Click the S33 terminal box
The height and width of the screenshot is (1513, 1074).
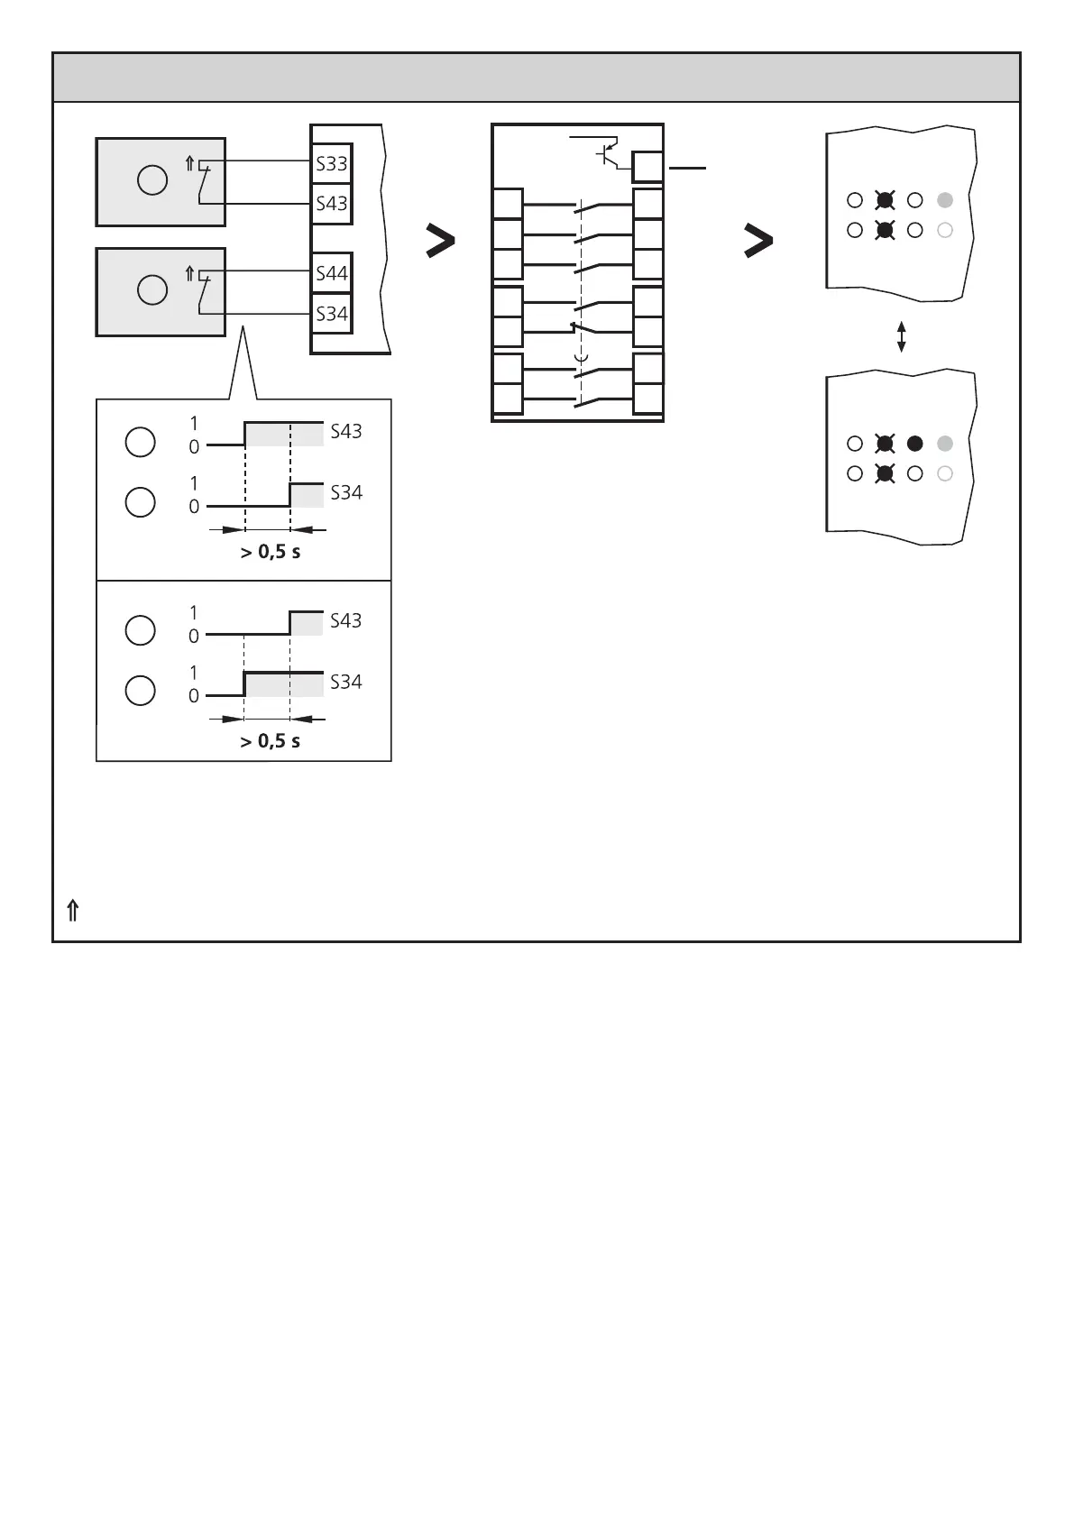tap(332, 165)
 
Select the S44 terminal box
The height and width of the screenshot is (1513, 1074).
tap(332, 273)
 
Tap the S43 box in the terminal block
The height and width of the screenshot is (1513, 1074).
tap(332, 204)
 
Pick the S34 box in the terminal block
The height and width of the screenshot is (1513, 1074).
tap(332, 314)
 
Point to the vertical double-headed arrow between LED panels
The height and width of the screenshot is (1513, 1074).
tap(901, 337)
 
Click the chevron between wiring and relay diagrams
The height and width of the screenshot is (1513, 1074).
tap(440, 242)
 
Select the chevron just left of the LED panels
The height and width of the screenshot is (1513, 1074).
tap(757, 242)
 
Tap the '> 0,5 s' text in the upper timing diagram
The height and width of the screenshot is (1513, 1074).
tap(271, 552)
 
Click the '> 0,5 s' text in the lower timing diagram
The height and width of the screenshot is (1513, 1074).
tap(271, 741)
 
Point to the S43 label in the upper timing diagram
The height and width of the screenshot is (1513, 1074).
tap(346, 431)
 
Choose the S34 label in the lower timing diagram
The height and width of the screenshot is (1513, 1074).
tap(346, 682)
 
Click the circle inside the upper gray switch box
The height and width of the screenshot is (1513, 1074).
tap(152, 180)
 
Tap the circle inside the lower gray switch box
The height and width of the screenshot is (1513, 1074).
tap(152, 290)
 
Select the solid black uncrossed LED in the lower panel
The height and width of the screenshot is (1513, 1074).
tap(914, 444)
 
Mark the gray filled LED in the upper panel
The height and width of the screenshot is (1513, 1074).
tap(945, 200)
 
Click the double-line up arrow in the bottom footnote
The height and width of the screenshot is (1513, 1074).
tap(73, 912)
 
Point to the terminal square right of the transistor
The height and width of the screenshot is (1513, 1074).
tap(648, 168)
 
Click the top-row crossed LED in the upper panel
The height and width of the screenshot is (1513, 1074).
tap(885, 200)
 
